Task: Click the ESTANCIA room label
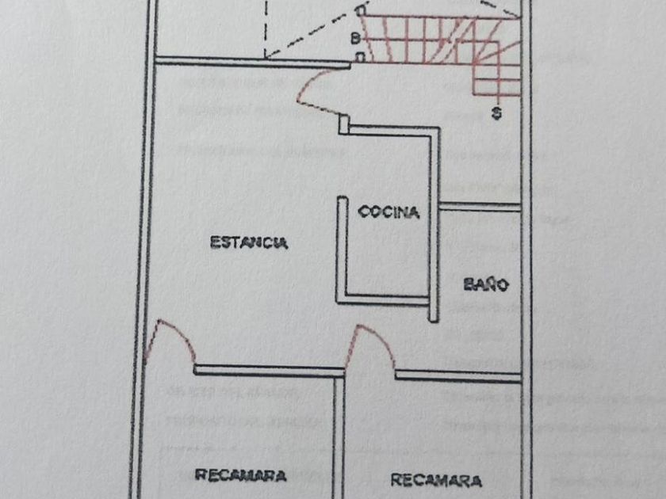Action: tap(249, 242)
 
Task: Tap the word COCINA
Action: tap(388, 211)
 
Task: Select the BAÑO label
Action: tap(485, 284)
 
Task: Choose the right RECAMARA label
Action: tap(436, 480)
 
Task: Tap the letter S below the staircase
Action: tap(496, 112)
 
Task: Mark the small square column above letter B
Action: tap(361, 11)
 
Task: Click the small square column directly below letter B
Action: tap(361, 57)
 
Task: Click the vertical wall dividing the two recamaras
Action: tap(339, 436)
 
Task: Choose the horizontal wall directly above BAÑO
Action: tap(480, 207)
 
